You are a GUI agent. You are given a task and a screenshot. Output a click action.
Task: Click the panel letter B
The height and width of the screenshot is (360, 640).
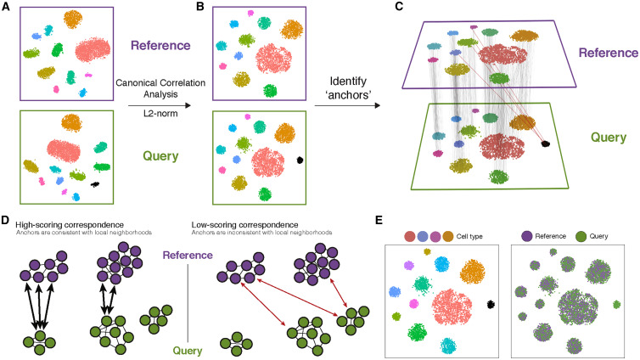pyautogui.click(x=201, y=6)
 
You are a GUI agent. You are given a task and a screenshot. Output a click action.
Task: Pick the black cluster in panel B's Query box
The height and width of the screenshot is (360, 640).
pyautogui.click(x=301, y=160)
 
